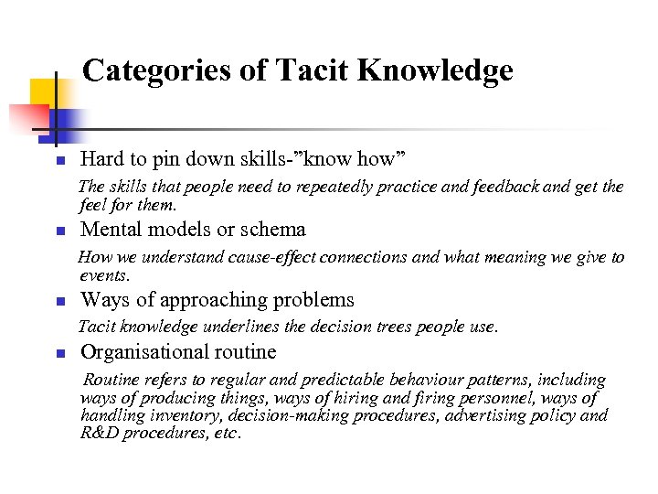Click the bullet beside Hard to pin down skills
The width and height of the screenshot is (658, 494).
tap(57, 161)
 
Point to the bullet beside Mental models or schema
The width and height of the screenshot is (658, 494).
tap(57, 231)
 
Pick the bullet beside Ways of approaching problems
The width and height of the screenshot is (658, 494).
tap(57, 301)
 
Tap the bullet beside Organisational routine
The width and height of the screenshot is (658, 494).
tap(57, 353)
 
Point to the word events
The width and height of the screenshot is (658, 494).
tap(104, 275)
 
